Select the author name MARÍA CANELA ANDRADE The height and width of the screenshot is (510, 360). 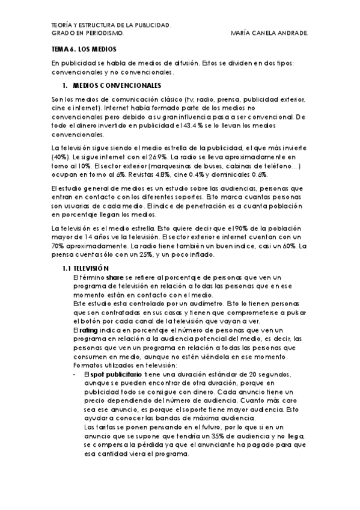coord(269,34)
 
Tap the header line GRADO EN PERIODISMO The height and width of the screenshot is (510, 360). coord(88,34)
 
